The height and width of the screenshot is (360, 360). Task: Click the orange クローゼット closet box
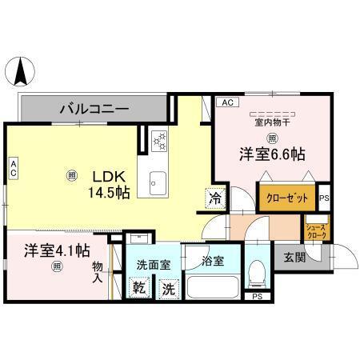click(286, 197)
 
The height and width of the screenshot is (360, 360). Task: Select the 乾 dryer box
click(138, 288)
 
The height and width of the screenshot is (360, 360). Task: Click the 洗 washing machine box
click(168, 288)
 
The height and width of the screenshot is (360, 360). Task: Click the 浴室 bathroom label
click(213, 260)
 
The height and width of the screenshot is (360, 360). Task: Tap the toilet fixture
click(257, 274)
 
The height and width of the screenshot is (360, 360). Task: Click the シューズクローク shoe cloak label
click(316, 232)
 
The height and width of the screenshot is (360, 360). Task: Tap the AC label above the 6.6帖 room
click(227, 102)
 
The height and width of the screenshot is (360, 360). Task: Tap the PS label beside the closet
click(324, 198)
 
